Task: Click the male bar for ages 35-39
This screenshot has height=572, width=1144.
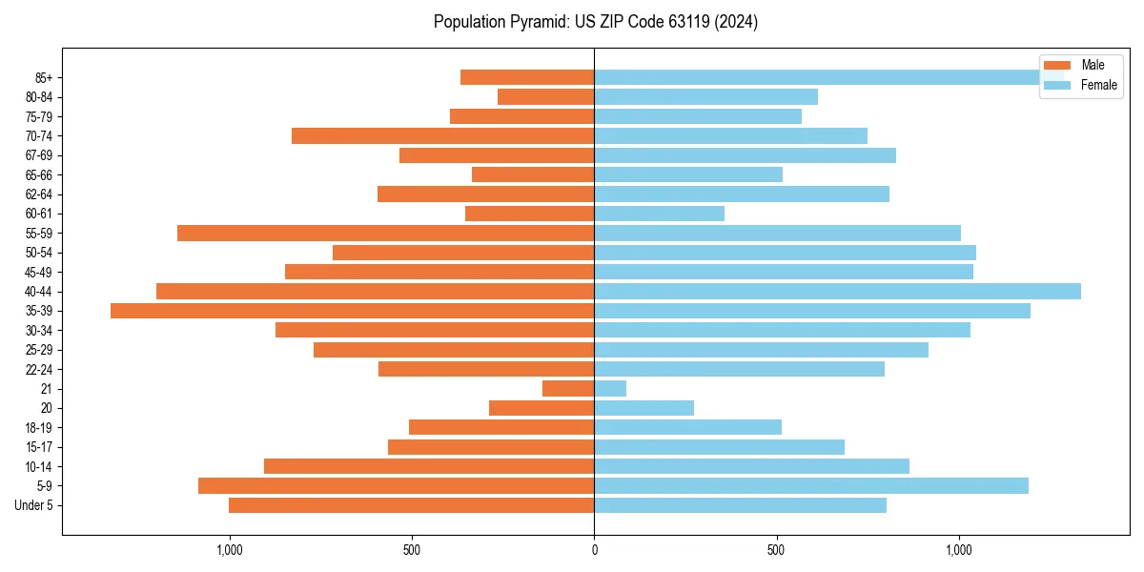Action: [353, 311]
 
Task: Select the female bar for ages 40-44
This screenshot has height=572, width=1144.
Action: [837, 291]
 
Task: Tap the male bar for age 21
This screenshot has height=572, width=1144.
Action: [568, 388]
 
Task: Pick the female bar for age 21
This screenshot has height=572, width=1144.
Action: [610, 388]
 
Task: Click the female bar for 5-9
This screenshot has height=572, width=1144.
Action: [811, 485]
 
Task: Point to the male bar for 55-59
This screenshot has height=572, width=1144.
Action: [386, 233]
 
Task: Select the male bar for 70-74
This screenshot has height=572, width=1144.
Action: [443, 135]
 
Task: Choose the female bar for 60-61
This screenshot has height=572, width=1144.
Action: [659, 214]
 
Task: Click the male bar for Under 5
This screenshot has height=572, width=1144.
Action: [412, 505]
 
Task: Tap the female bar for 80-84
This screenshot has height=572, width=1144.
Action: [705, 96]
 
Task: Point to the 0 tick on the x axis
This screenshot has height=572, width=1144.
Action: [594, 550]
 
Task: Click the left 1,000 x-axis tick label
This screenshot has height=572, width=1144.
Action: [230, 550]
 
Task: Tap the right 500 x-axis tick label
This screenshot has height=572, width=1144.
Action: [776, 550]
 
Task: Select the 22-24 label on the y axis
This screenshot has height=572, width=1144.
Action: [39, 369]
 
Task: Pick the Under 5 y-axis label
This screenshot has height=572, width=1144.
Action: [33, 505]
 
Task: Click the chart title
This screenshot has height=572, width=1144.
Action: [595, 22]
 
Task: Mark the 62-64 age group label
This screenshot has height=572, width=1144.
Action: [39, 194]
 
